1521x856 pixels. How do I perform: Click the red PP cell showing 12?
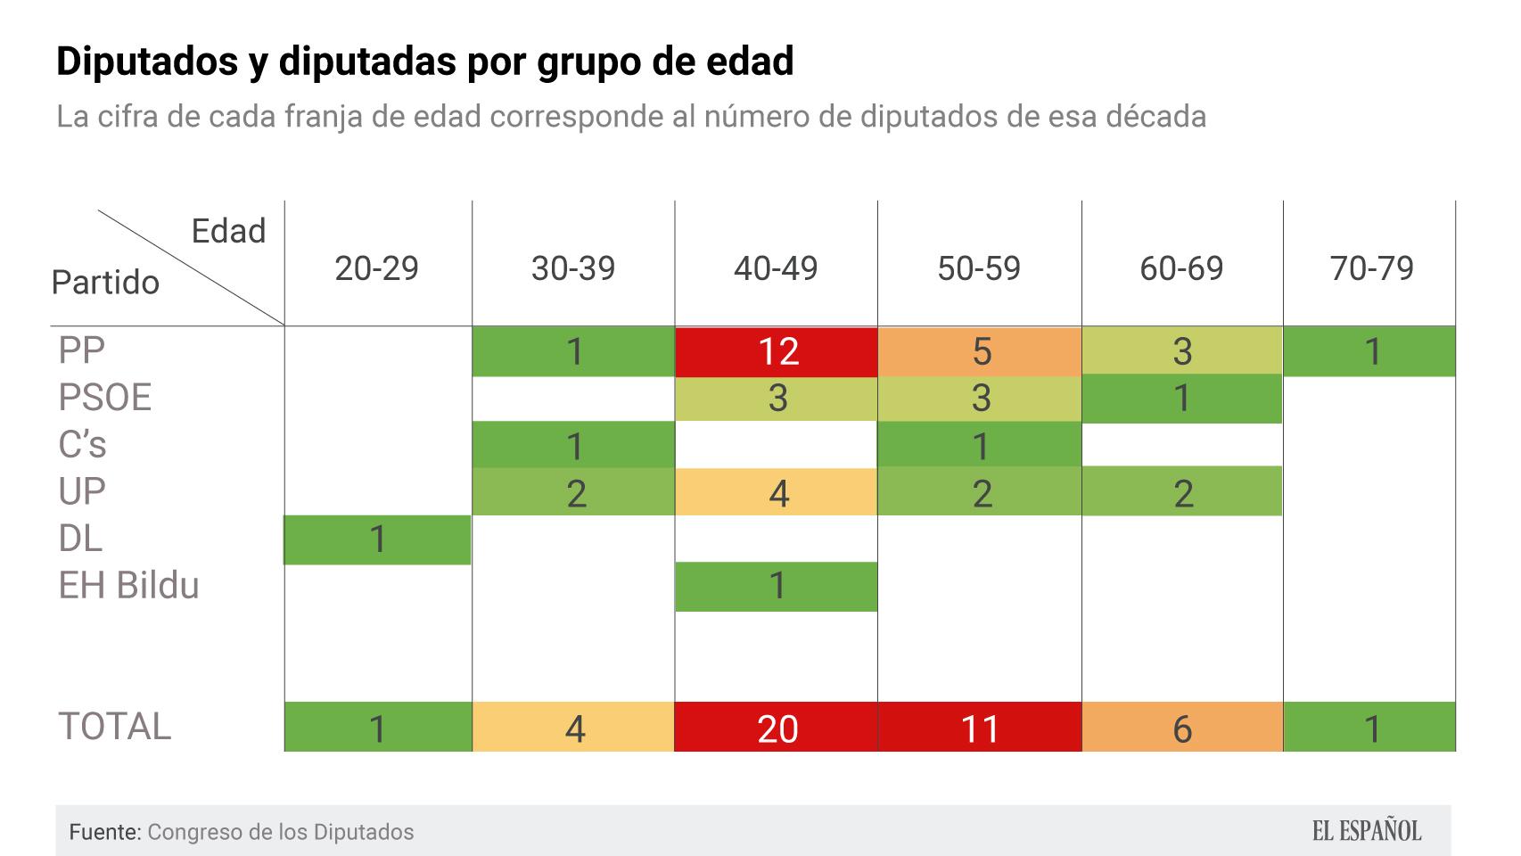[776, 351]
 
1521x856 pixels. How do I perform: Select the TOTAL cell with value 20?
[776, 728]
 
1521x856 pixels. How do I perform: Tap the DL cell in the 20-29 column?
[377, 539]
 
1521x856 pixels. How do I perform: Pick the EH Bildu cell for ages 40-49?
[776, 586]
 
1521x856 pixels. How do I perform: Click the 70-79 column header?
[1371, 268]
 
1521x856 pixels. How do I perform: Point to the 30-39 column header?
[573, 268]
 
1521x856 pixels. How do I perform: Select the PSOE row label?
[104, 398]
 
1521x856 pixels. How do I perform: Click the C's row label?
[82, 444]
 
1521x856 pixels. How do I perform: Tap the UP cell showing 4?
[777, 492]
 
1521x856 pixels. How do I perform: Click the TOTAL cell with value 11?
[980, 728]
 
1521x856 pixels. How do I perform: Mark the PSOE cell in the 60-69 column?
[1182, 398]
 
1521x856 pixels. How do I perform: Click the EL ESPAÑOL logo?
[1366, 831]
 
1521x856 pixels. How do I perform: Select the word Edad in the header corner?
[228, 232]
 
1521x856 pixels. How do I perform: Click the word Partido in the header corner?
[105, 283]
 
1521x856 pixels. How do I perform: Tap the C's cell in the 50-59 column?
[980, 445]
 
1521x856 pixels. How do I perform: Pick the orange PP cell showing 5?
[980, 351]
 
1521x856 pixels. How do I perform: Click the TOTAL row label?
[114, 726]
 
